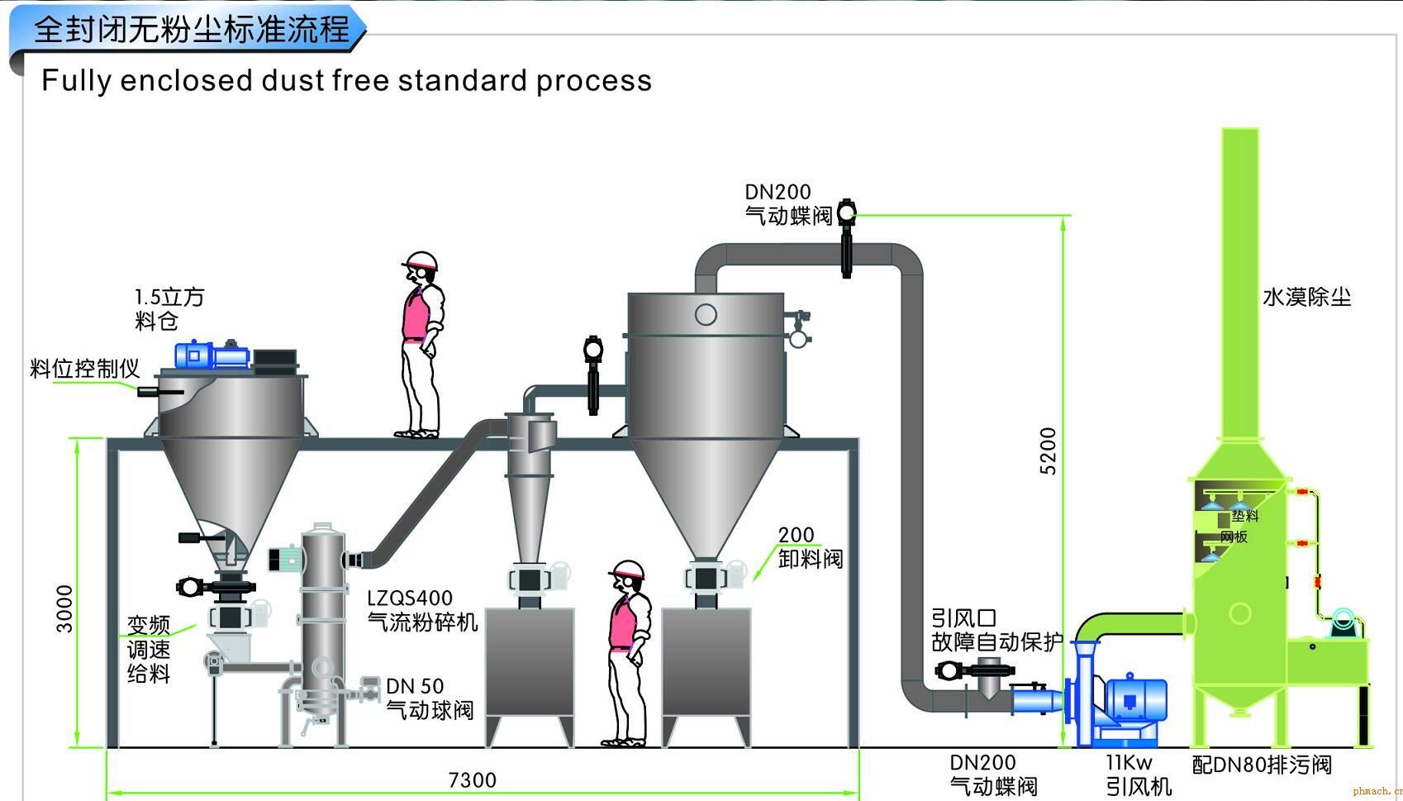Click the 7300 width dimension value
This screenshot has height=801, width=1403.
tap(472, 780)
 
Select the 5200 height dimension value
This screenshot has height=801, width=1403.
tap(1049, 451)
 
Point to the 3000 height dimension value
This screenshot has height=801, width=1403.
tap(64, 608)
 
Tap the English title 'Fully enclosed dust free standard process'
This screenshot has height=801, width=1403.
tap(346, 81)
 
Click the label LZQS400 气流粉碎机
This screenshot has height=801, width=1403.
tap(421, 610)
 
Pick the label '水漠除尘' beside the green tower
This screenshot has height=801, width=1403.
tap(1306, 298)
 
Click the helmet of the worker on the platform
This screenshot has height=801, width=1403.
tap(421, 261)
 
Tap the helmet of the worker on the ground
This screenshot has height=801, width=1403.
tap(626, 570)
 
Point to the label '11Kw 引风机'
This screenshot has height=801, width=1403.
tap(1138, 775)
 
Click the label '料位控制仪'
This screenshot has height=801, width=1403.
tap(84, 369)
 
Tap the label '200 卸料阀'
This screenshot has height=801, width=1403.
tap(809, 547)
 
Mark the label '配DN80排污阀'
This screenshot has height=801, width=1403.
tap(1261, 765)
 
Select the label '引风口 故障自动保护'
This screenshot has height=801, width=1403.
tap(996, 630)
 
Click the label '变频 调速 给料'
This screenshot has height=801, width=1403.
tap(149, 649)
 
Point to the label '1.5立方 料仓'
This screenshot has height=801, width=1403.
tap(169, 308)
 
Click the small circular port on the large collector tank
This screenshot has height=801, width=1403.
tap(706, 314)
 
